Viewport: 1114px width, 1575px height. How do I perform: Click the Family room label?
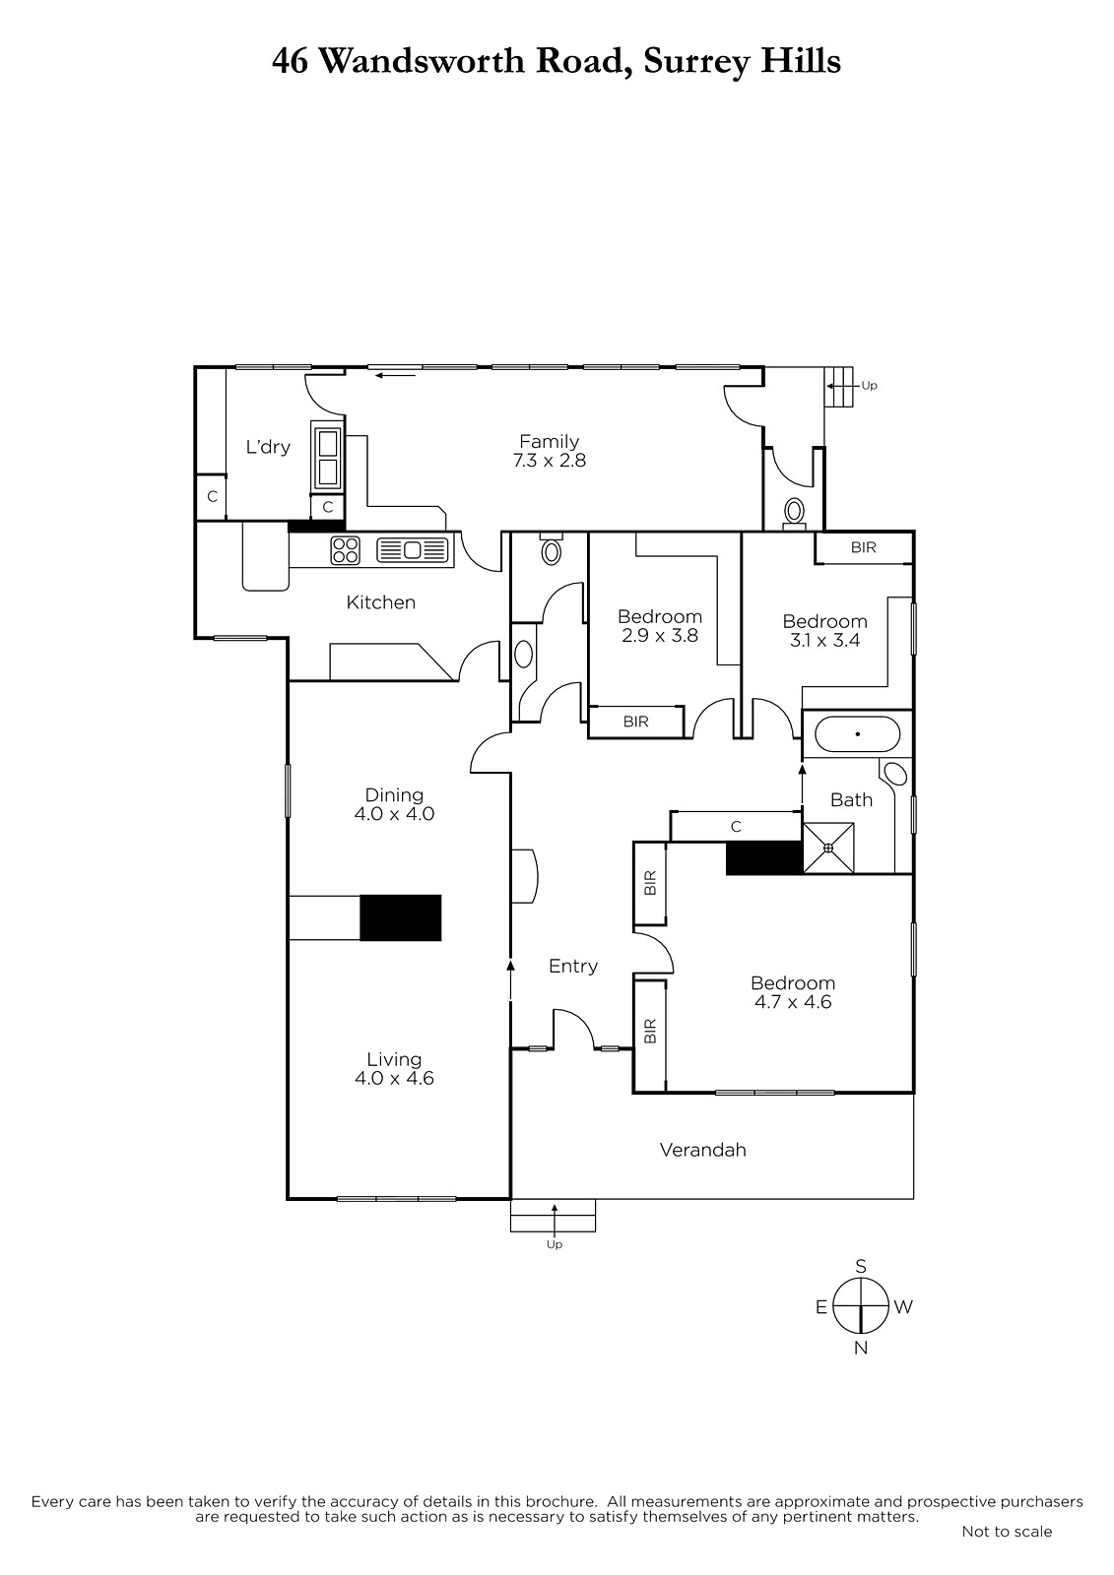(x=549, y=442)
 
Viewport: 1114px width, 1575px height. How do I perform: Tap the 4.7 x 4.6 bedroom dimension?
(x=792, y=1002)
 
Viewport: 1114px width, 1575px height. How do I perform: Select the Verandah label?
(x=702, y=1151)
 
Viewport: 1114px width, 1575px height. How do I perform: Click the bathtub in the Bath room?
(x=857, y=734)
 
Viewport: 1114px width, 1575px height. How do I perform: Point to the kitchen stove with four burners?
(x=345, y=550)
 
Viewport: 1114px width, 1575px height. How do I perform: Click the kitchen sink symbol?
(x=413, y=550)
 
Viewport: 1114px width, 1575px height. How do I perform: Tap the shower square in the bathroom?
(x=828, y=848)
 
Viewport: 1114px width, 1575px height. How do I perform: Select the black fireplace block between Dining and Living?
(x=401, y=917)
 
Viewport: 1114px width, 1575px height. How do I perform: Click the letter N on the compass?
(x=860, y=1348)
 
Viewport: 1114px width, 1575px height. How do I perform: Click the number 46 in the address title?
(x=290, y=62)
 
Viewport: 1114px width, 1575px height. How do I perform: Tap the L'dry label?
(x=267, y=447)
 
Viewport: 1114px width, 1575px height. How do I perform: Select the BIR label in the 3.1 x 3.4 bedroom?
(x=864, y=547)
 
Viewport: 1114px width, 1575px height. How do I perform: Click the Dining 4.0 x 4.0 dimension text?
(x=394, y=814)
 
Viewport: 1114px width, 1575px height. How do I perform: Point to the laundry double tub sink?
(x=327, y=458)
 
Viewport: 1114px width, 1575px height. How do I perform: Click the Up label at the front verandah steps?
(x=555, y=1244)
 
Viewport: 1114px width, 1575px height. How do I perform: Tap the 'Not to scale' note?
(x=1007, y=1531)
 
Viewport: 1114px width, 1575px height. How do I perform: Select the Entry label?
(x=573, y=966)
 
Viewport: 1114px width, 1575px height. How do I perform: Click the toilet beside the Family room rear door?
(x=795, y=512)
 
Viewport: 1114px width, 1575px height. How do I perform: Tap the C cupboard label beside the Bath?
(x=736, y=827)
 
